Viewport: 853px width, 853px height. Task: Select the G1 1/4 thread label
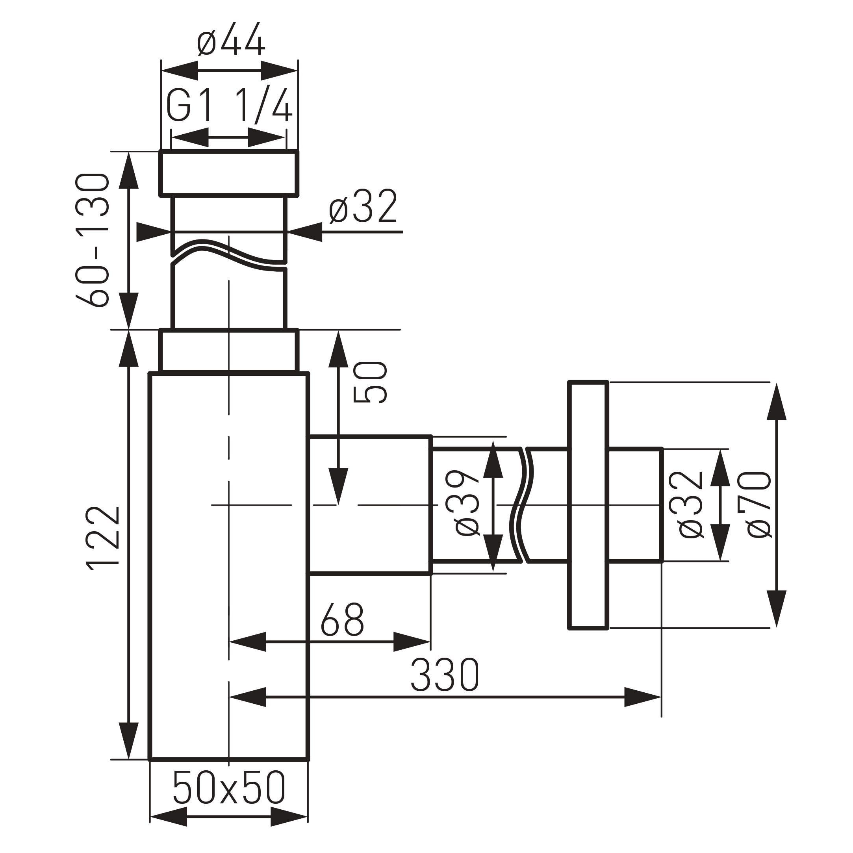tap(229, 106)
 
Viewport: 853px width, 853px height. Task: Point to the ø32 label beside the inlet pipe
tap(363, 207)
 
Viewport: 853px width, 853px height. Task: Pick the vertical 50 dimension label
tap(370, 382)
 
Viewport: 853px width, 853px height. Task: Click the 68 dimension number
tap(342, 619)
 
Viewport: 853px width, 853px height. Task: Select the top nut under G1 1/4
tap(229, 172)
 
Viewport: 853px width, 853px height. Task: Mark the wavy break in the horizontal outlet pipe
tap(522, 504)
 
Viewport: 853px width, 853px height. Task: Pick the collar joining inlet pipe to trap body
tap(229, 351)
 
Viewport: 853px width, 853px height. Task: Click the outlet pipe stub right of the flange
tap(635, 504)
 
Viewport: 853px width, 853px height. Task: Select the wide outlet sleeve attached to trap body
tap(370, 504)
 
